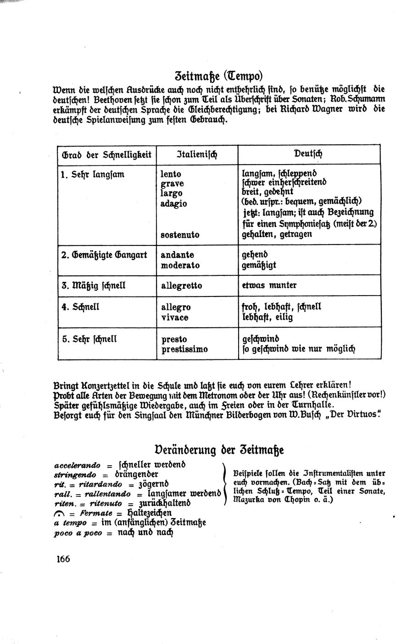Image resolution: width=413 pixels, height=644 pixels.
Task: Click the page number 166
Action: (63, 559)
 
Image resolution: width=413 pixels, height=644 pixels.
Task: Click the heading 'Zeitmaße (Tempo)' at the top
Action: (218, 74)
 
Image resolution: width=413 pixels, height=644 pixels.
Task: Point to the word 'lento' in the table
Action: (171, 174)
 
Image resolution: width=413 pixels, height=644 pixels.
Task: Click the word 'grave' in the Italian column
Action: (172, 184)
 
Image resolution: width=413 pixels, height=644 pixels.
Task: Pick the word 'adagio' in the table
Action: (174, 204)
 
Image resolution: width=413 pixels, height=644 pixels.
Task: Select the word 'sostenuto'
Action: (180, 234)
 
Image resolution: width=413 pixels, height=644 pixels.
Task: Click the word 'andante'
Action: (177, 255)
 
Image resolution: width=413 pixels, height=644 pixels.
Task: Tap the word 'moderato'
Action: (180, 265)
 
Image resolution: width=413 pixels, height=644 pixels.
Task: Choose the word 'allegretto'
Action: (181, 286)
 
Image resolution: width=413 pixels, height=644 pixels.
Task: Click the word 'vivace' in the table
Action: (175, 317)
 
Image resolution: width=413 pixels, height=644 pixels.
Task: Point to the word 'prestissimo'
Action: (184, 349)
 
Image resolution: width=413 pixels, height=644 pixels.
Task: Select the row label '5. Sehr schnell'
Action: (89, 339)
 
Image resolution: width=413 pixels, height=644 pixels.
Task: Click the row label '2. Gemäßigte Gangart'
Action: (104, 255)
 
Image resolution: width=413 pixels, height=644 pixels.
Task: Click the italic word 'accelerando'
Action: (77, 465)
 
